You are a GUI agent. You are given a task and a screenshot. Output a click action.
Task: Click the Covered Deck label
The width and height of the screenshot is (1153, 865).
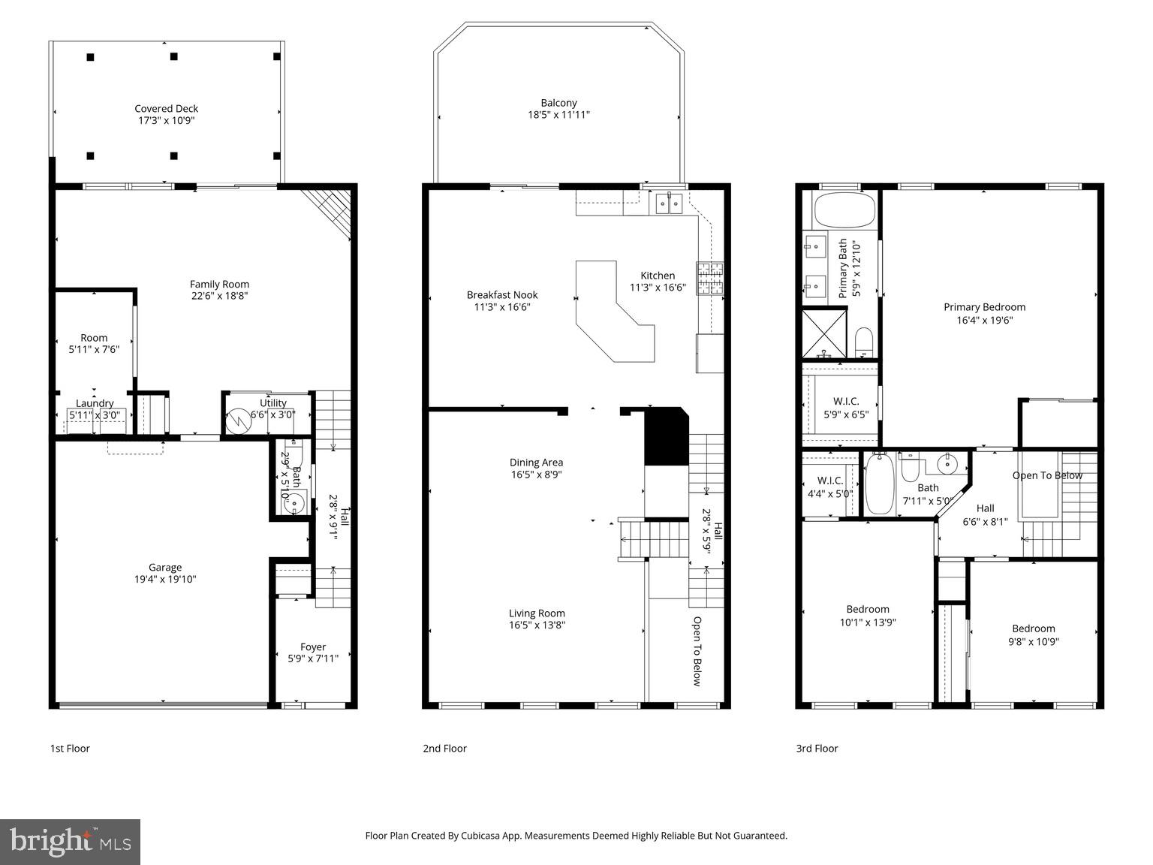click(166, 109)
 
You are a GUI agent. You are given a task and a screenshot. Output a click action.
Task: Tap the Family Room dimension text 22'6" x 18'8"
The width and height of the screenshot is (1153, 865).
click(219, 296)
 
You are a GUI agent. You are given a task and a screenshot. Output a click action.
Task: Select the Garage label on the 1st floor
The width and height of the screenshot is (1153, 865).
click(164, 568)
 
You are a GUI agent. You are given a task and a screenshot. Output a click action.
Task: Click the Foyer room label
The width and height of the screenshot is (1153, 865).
click(313, 647)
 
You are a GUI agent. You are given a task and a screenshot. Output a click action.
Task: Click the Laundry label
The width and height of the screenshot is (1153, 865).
click(95, 403)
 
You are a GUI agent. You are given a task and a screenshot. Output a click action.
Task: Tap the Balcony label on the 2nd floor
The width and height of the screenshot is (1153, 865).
click(558, 103)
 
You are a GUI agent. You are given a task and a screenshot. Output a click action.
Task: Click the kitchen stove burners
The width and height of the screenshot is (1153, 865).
click(709, 278)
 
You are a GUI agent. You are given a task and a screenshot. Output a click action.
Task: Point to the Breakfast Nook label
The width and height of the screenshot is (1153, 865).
click(502, 295)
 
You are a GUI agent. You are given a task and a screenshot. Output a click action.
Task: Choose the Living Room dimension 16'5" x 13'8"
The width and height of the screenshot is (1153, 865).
click(537, 625)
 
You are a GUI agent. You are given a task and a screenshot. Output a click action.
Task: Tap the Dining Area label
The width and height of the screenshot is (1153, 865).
click(536, 463)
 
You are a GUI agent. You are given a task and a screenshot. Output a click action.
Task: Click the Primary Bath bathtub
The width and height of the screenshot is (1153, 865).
click(845, 211)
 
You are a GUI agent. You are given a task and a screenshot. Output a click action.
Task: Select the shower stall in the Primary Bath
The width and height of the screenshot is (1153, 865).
click(824, 333)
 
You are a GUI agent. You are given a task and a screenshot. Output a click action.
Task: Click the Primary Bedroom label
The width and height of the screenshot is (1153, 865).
click(984, 307)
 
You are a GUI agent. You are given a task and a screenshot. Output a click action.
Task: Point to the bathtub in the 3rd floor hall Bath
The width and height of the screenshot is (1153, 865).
click(879, 484)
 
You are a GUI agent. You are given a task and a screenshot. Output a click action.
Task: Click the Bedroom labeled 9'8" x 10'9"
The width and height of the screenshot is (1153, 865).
click(1033, 635)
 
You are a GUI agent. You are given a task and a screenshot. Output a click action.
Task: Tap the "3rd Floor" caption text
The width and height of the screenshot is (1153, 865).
click(817, 749)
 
